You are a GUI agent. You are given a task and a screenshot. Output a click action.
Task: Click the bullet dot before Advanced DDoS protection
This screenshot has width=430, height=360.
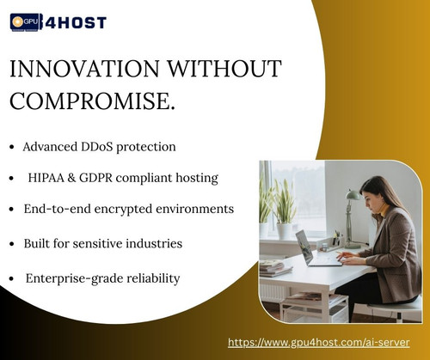coord(11,148)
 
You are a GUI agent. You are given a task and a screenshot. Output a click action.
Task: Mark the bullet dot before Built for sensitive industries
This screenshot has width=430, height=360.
coord(11,244)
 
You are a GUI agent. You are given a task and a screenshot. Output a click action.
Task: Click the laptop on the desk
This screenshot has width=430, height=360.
coord(309,247)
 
